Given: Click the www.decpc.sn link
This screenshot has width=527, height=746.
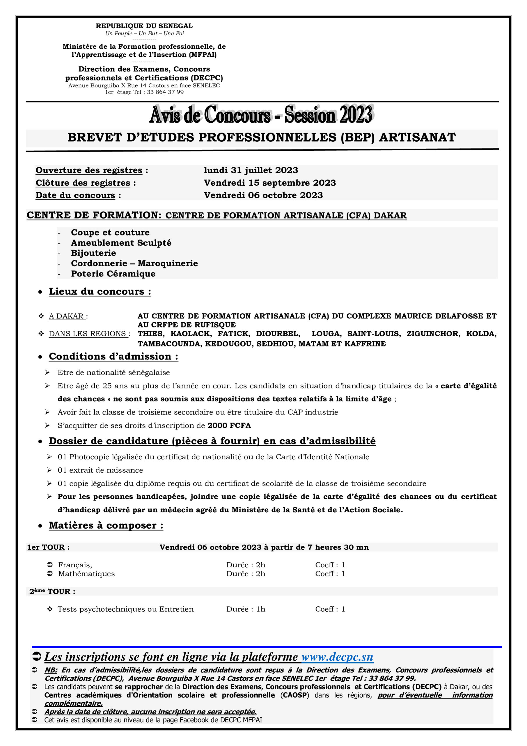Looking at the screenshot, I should click(337, 657).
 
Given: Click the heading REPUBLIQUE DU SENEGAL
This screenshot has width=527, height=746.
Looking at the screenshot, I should click(144, 26).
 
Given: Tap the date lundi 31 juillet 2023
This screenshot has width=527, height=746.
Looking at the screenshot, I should click(251, 170).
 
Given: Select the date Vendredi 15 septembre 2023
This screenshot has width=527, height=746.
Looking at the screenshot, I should click(270, 183).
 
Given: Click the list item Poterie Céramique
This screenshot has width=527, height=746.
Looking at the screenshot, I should click(113, 274).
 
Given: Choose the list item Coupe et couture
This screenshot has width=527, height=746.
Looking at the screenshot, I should click(110, 233).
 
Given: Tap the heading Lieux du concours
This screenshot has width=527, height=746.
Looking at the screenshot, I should click(100, 291).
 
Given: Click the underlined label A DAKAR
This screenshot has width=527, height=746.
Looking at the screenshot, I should click(67, 316).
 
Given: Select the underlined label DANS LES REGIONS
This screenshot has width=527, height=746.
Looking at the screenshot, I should click(88, 334).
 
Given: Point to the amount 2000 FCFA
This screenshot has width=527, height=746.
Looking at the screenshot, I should click(229, 426).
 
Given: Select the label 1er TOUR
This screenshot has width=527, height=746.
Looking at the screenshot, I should click(46, 547).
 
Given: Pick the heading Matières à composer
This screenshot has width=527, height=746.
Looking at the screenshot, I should click(106, 525).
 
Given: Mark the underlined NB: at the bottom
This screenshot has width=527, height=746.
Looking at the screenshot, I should click(51, 670).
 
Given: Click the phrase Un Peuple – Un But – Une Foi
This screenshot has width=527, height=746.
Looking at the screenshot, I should click(144, 34).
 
